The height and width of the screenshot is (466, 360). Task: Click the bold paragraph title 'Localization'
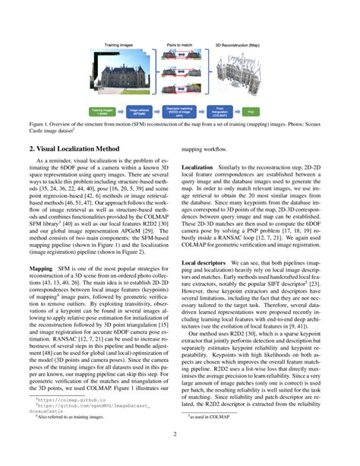click(x=197, y=166)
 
